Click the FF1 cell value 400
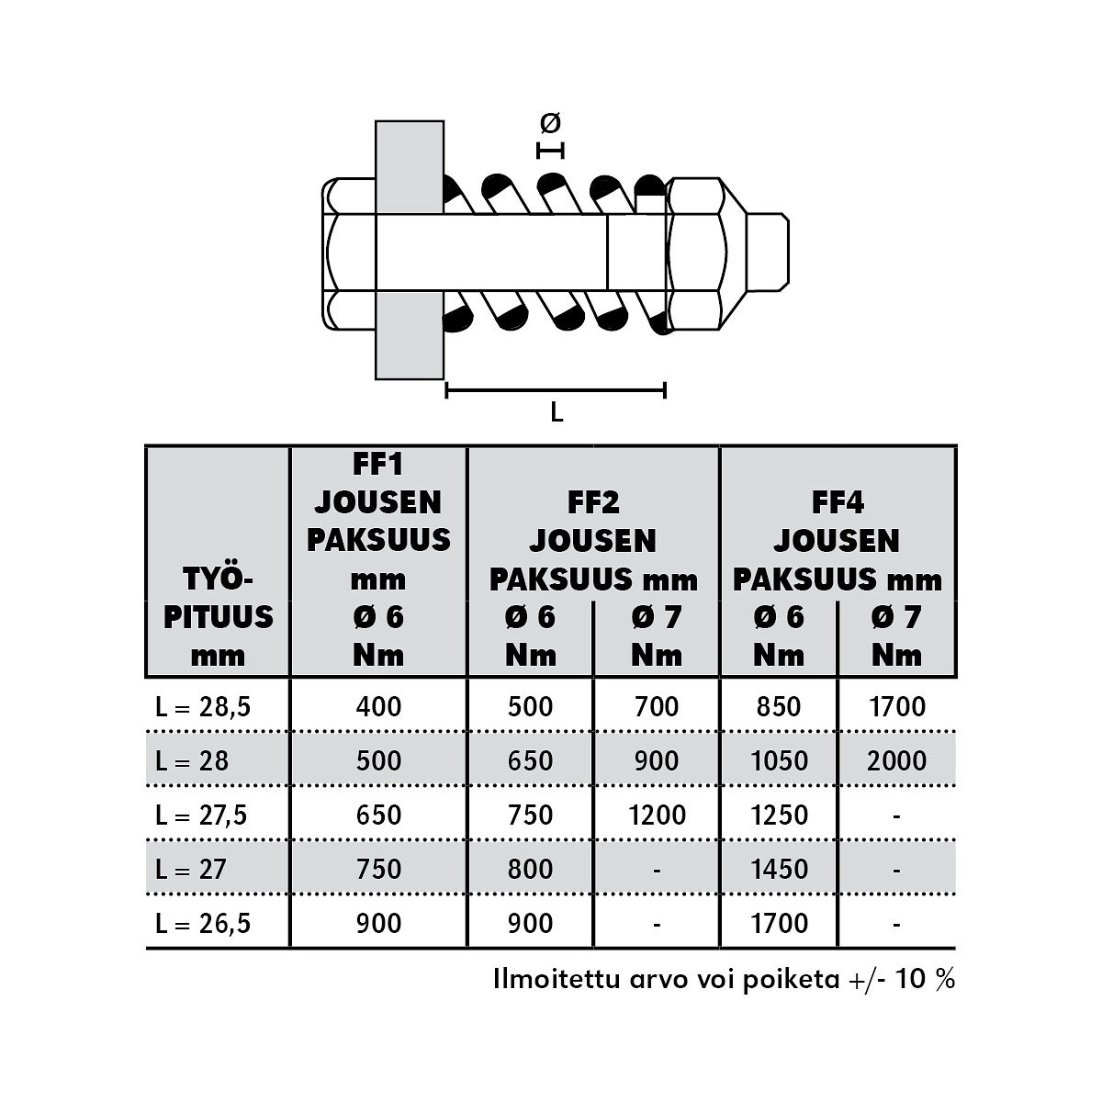pos(378,707)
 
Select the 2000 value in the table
pos(896,761)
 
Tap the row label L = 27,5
pos(201,815)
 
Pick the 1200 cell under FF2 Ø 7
pos(658,815)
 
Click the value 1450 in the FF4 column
pos(779,870)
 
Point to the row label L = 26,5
pos(203,924)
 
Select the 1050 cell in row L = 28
pos(779,761)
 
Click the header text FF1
pos(378,464)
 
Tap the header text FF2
pos(593,502)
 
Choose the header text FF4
pos(838,502)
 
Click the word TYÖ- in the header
pos(218,579)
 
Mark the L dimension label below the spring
pos(557,411)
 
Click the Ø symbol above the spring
pos(550,122)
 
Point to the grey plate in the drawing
pos(410,250)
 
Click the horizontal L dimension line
pos(556,390)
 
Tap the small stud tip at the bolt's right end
pos(768,252)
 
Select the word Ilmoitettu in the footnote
pos(557,979)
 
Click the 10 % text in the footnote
pos(925,979)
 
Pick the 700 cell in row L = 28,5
pos(657,707)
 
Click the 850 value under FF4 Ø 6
pos(779,707)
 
